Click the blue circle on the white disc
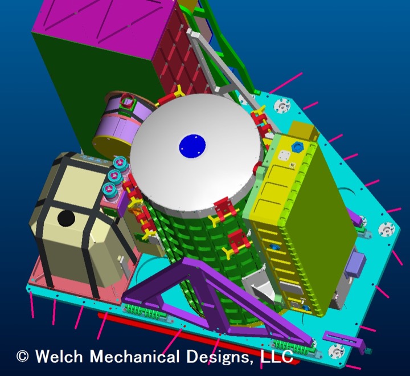pos(192,146)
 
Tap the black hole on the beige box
pos(66,218)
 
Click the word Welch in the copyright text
pos(59,356)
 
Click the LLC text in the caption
pos(276,356)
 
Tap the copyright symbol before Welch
pos(22,357)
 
